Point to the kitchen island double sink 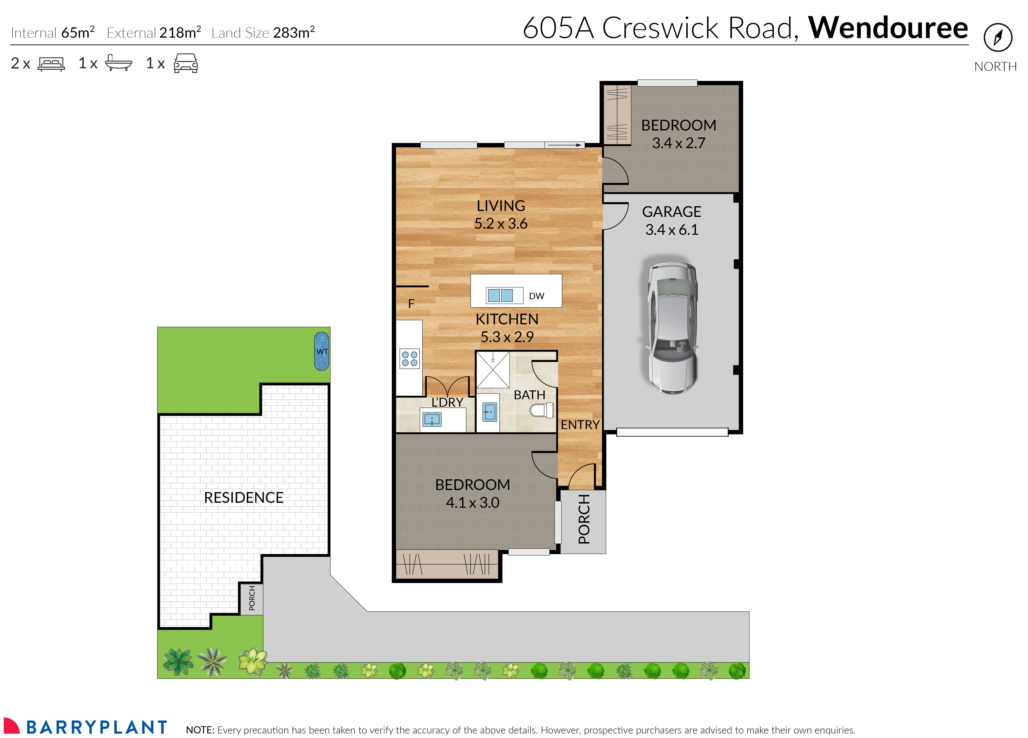pos(500,295)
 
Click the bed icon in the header pos(51,64)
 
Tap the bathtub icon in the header pos(118,63)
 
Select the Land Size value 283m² pos(294,33)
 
